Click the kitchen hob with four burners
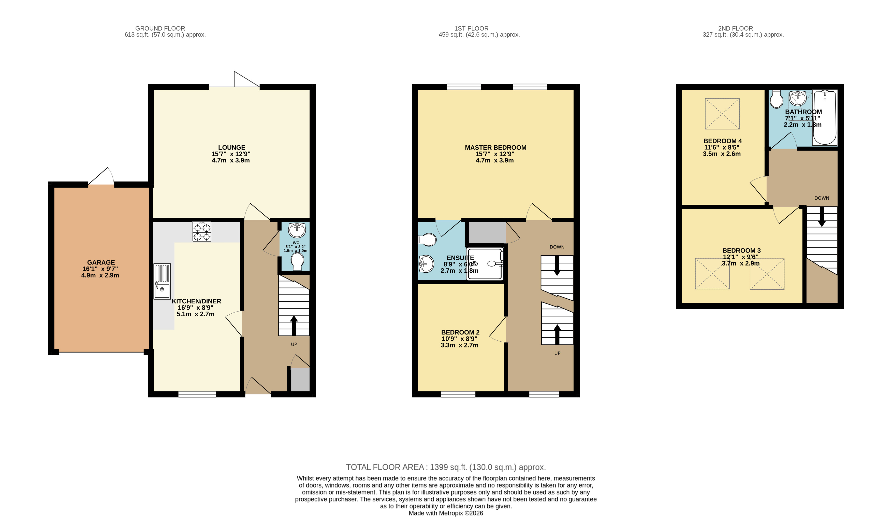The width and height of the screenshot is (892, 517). [x=202, y=231]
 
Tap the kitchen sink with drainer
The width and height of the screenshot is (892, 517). [x=162, y=281]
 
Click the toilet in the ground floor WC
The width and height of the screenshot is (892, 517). [x=297, y=261]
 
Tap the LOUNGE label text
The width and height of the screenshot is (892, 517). [x=231, y=147]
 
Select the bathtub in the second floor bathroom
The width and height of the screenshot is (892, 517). [x=825, y=118]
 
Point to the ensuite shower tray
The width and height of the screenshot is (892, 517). [x=485, y=264]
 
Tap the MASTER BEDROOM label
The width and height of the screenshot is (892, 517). [x=495, y=147]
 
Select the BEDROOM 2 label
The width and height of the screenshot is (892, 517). [x=460, y=332]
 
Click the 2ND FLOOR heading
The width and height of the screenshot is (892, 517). [x=736, y=28]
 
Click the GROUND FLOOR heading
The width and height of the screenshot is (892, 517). [x=160, y=28]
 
